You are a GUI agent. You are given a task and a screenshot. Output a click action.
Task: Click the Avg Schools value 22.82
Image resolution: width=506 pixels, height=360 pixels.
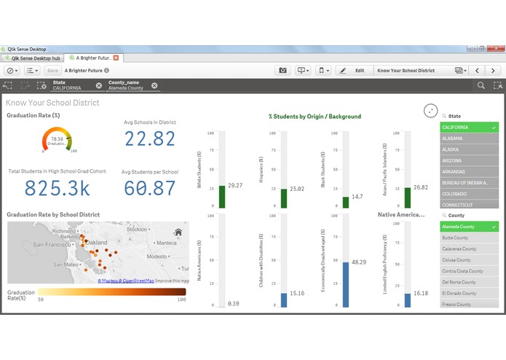point(149,140)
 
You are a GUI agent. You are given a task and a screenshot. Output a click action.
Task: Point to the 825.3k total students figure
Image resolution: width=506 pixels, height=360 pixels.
point(57,188)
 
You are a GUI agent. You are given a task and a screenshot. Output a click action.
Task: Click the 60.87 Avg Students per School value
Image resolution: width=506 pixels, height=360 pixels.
point(149,188)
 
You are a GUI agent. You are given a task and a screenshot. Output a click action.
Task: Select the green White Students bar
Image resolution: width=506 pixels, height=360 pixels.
point(222,197)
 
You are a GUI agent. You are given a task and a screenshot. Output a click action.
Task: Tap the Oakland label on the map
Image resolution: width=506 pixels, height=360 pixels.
point(96,242)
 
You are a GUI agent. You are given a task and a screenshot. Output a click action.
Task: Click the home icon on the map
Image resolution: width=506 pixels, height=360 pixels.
point(178,233)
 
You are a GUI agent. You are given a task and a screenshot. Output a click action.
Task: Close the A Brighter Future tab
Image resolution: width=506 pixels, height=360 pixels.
point(116,57)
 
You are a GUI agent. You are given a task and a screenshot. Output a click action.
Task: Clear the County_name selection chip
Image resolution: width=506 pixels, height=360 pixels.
point(154,85)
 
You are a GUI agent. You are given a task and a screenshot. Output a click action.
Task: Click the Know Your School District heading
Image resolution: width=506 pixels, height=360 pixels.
point(52,103)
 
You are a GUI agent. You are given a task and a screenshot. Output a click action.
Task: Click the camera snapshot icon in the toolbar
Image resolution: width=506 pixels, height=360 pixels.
point(282,71)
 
